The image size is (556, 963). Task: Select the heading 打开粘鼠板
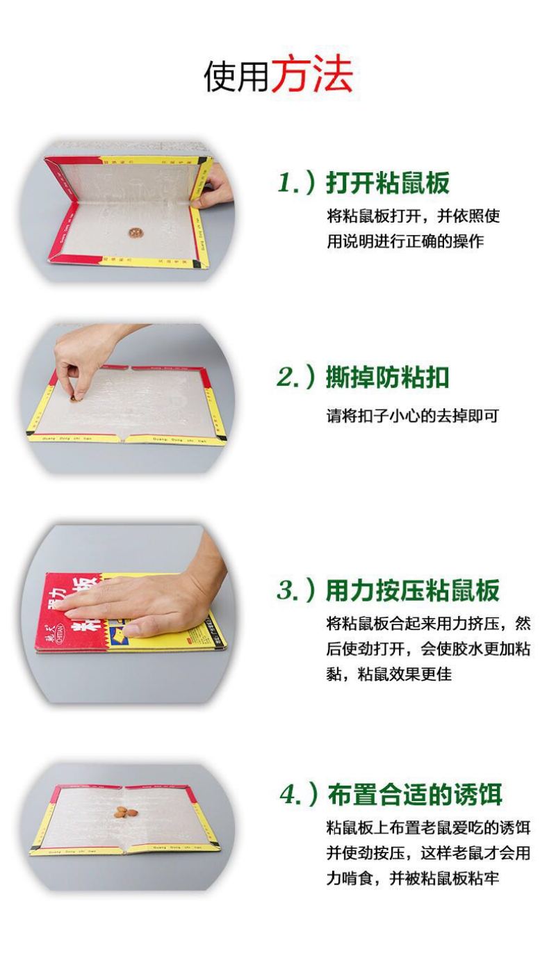(x=388, y=183)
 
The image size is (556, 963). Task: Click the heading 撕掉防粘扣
(x=388, y=377)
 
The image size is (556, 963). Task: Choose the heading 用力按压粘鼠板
(x=413, y=590)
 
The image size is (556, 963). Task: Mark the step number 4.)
(x=298, y=793)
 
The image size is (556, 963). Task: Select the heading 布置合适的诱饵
(x=415, y=793)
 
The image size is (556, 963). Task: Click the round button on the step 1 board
(x=136, y=233)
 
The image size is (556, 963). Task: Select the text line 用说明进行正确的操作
(x=405, y=241)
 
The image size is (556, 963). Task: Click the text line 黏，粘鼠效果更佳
(x=389, y=674)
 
